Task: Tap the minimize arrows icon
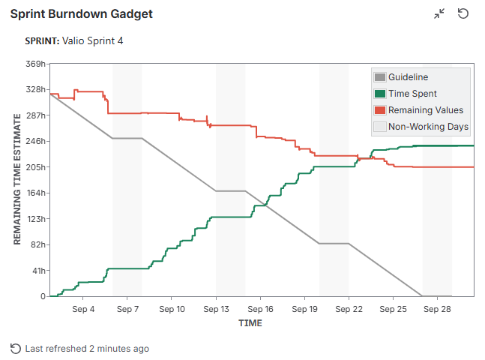440,14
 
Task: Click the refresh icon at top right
463,14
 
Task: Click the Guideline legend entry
408,77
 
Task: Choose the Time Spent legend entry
412,94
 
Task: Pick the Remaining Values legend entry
425,110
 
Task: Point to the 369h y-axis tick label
34,64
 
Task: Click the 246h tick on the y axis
34,141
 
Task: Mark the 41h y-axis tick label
37,271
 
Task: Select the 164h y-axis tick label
34,193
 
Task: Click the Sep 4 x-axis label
83,309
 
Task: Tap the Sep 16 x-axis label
260,309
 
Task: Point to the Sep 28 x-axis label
437,309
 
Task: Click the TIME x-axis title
250,323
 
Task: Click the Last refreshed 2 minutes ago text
87,349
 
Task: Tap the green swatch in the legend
380,94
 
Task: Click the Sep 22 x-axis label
349,309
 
